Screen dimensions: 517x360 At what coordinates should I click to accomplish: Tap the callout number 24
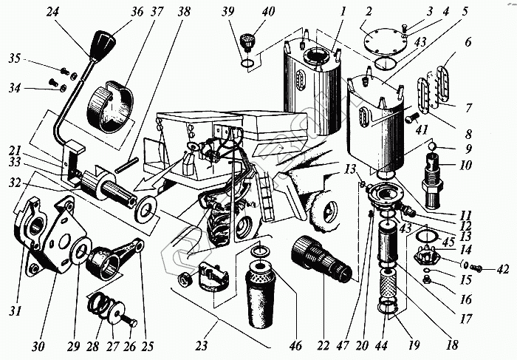click(53, 13)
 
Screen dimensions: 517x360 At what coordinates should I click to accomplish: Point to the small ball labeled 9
click(433, 146)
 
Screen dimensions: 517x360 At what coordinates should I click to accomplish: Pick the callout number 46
click(295, 345)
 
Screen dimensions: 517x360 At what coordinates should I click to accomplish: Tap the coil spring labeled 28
click(100, 305)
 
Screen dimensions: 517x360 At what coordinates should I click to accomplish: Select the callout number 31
click(16, 311)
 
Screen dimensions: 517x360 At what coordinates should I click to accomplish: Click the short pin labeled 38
click(126, 165)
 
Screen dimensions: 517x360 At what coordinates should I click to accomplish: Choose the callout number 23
click(202, 345)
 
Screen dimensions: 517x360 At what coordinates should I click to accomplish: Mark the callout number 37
click(157, 13)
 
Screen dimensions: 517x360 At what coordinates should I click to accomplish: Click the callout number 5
click(465, 12)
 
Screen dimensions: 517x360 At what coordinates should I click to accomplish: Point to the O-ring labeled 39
click(247, 63)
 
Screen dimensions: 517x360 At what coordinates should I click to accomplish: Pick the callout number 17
click(465, 319)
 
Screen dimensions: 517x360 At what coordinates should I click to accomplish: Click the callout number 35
click(15, 58)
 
